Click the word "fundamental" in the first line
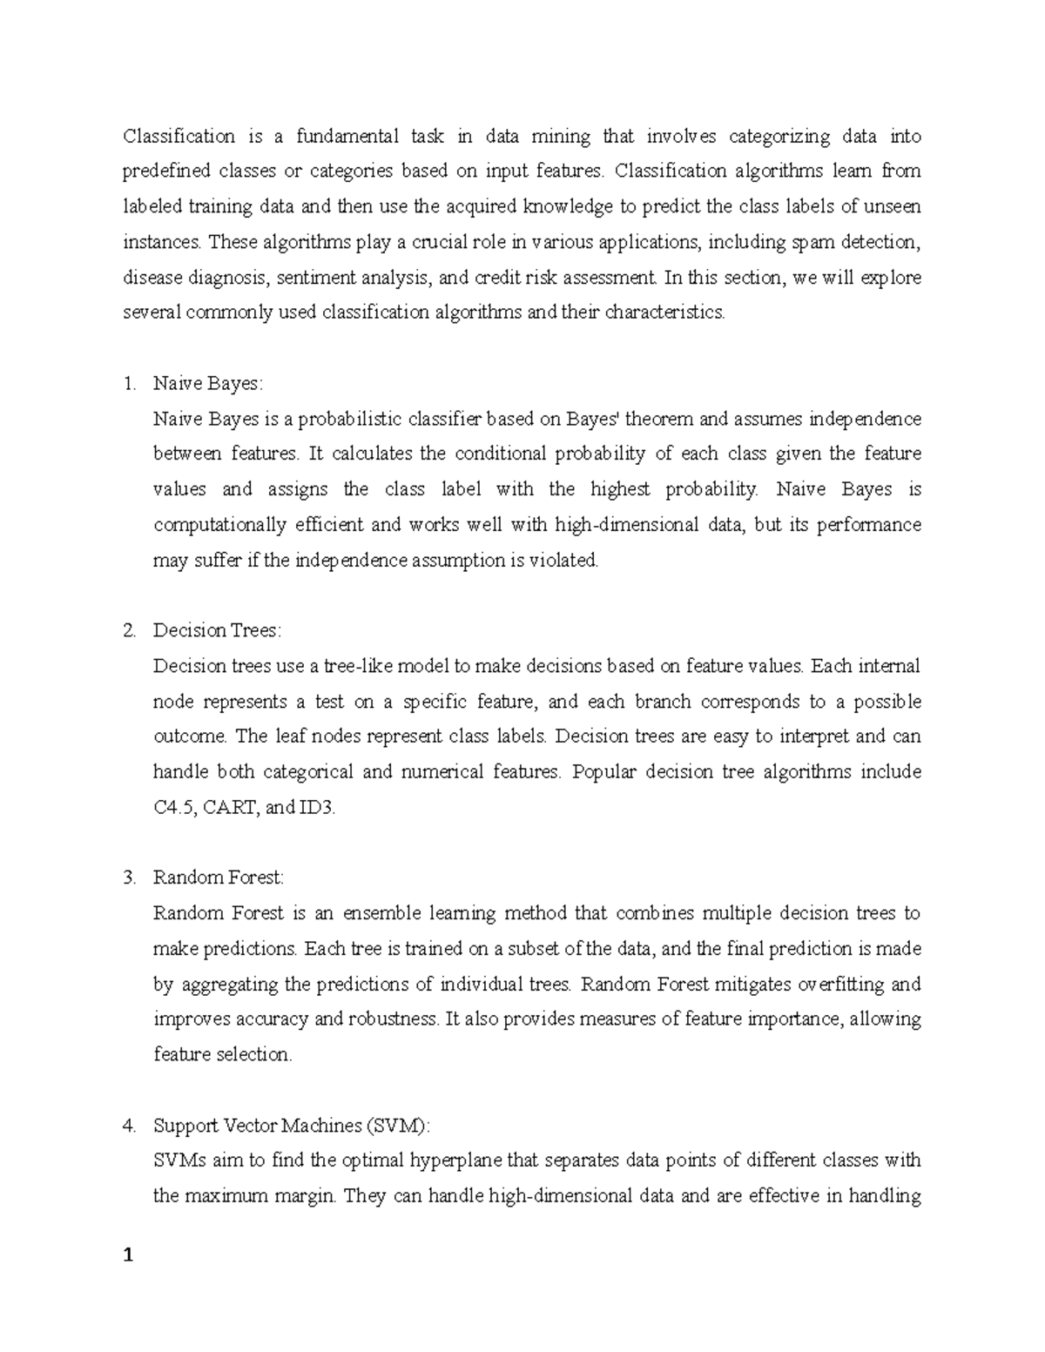pyautogui.click(x=347, y=136)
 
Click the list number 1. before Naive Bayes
pyautogui.click(x=130, y=384)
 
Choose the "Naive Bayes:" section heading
pyautogui.click(x=207, y=384)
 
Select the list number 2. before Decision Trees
pyautogui.click(x=130, y=631)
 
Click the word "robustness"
pyautogui.click(x=394, y=1019)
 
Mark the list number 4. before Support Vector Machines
pyautogui.click(x=130, y=1126)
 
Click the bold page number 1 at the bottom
pyautogui.click(x=129, y=1255)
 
